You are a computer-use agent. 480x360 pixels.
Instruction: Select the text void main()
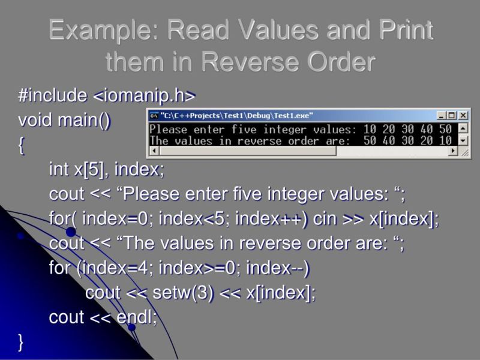click(x=64, y=121)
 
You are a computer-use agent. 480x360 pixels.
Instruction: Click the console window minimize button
click(x=442, y=116)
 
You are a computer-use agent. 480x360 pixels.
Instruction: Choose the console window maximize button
click(x=452, y=116)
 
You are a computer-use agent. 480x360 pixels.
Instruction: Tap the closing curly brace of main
click(x=22, y=342)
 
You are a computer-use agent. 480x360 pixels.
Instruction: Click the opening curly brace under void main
click(x=22, y=146)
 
